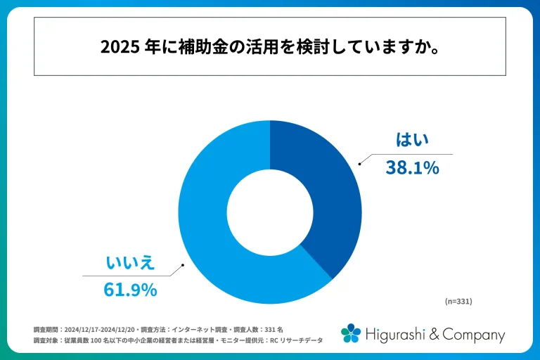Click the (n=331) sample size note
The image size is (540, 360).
coord(458,301)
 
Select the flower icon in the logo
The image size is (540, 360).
coord(351,333)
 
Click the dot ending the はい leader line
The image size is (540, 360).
coord(360,165)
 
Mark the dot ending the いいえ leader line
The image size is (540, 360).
coord(184,266)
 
